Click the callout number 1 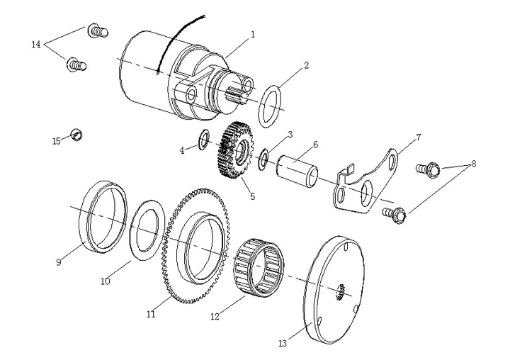tap(253, 35)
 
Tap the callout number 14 tap(36, 44)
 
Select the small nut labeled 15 tap(76, 135)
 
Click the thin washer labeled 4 tap(204, 140)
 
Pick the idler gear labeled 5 tap(235, 150)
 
